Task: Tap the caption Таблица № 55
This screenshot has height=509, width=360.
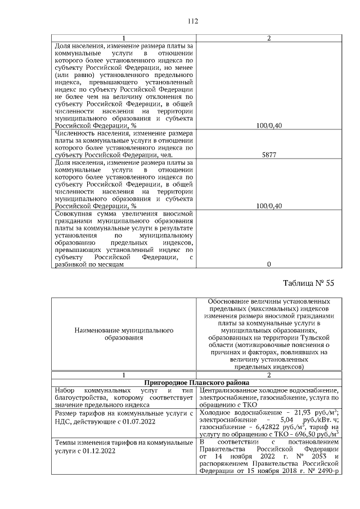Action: click(x=307, y=283)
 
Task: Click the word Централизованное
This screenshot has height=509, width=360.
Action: click(x=228, y=390)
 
